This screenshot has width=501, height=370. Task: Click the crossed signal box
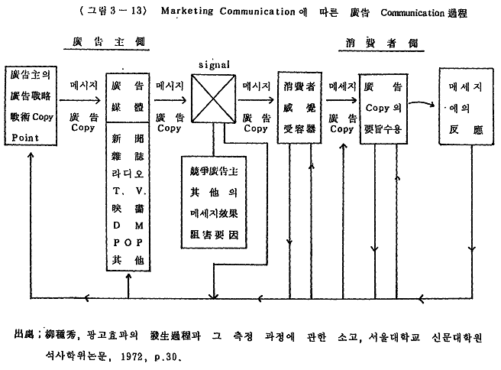click(212, 102)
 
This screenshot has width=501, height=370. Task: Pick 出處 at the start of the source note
click(24, 336)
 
